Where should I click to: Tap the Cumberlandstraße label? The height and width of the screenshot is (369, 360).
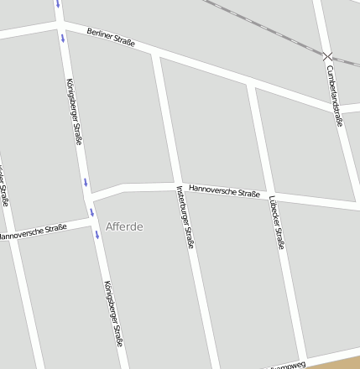pyautogui.click(x=334, y=96)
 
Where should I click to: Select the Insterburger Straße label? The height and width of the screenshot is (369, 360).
pyautogui.click(x=185, y=217)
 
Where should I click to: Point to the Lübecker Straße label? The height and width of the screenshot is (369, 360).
pyautogui.click(x=277, y=222)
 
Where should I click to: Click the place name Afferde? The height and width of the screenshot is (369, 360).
pyautogui.click(x=124, y=226)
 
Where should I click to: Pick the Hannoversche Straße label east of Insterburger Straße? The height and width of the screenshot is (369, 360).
pyautogui.click(x=224, y=191)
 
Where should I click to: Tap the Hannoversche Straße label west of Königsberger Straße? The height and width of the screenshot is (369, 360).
pyautogui.click(x=34, y=232)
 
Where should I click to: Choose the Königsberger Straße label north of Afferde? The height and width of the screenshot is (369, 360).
pyautogui.click(x=73, y=112)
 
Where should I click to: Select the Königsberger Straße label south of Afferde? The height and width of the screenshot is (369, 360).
pyautogui.click(x=113, y=314)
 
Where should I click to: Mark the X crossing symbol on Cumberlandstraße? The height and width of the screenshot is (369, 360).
pyautogui.click(x=327, y=55)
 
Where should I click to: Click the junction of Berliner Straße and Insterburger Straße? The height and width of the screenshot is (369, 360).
pyautogui.click(x=155, y=53)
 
